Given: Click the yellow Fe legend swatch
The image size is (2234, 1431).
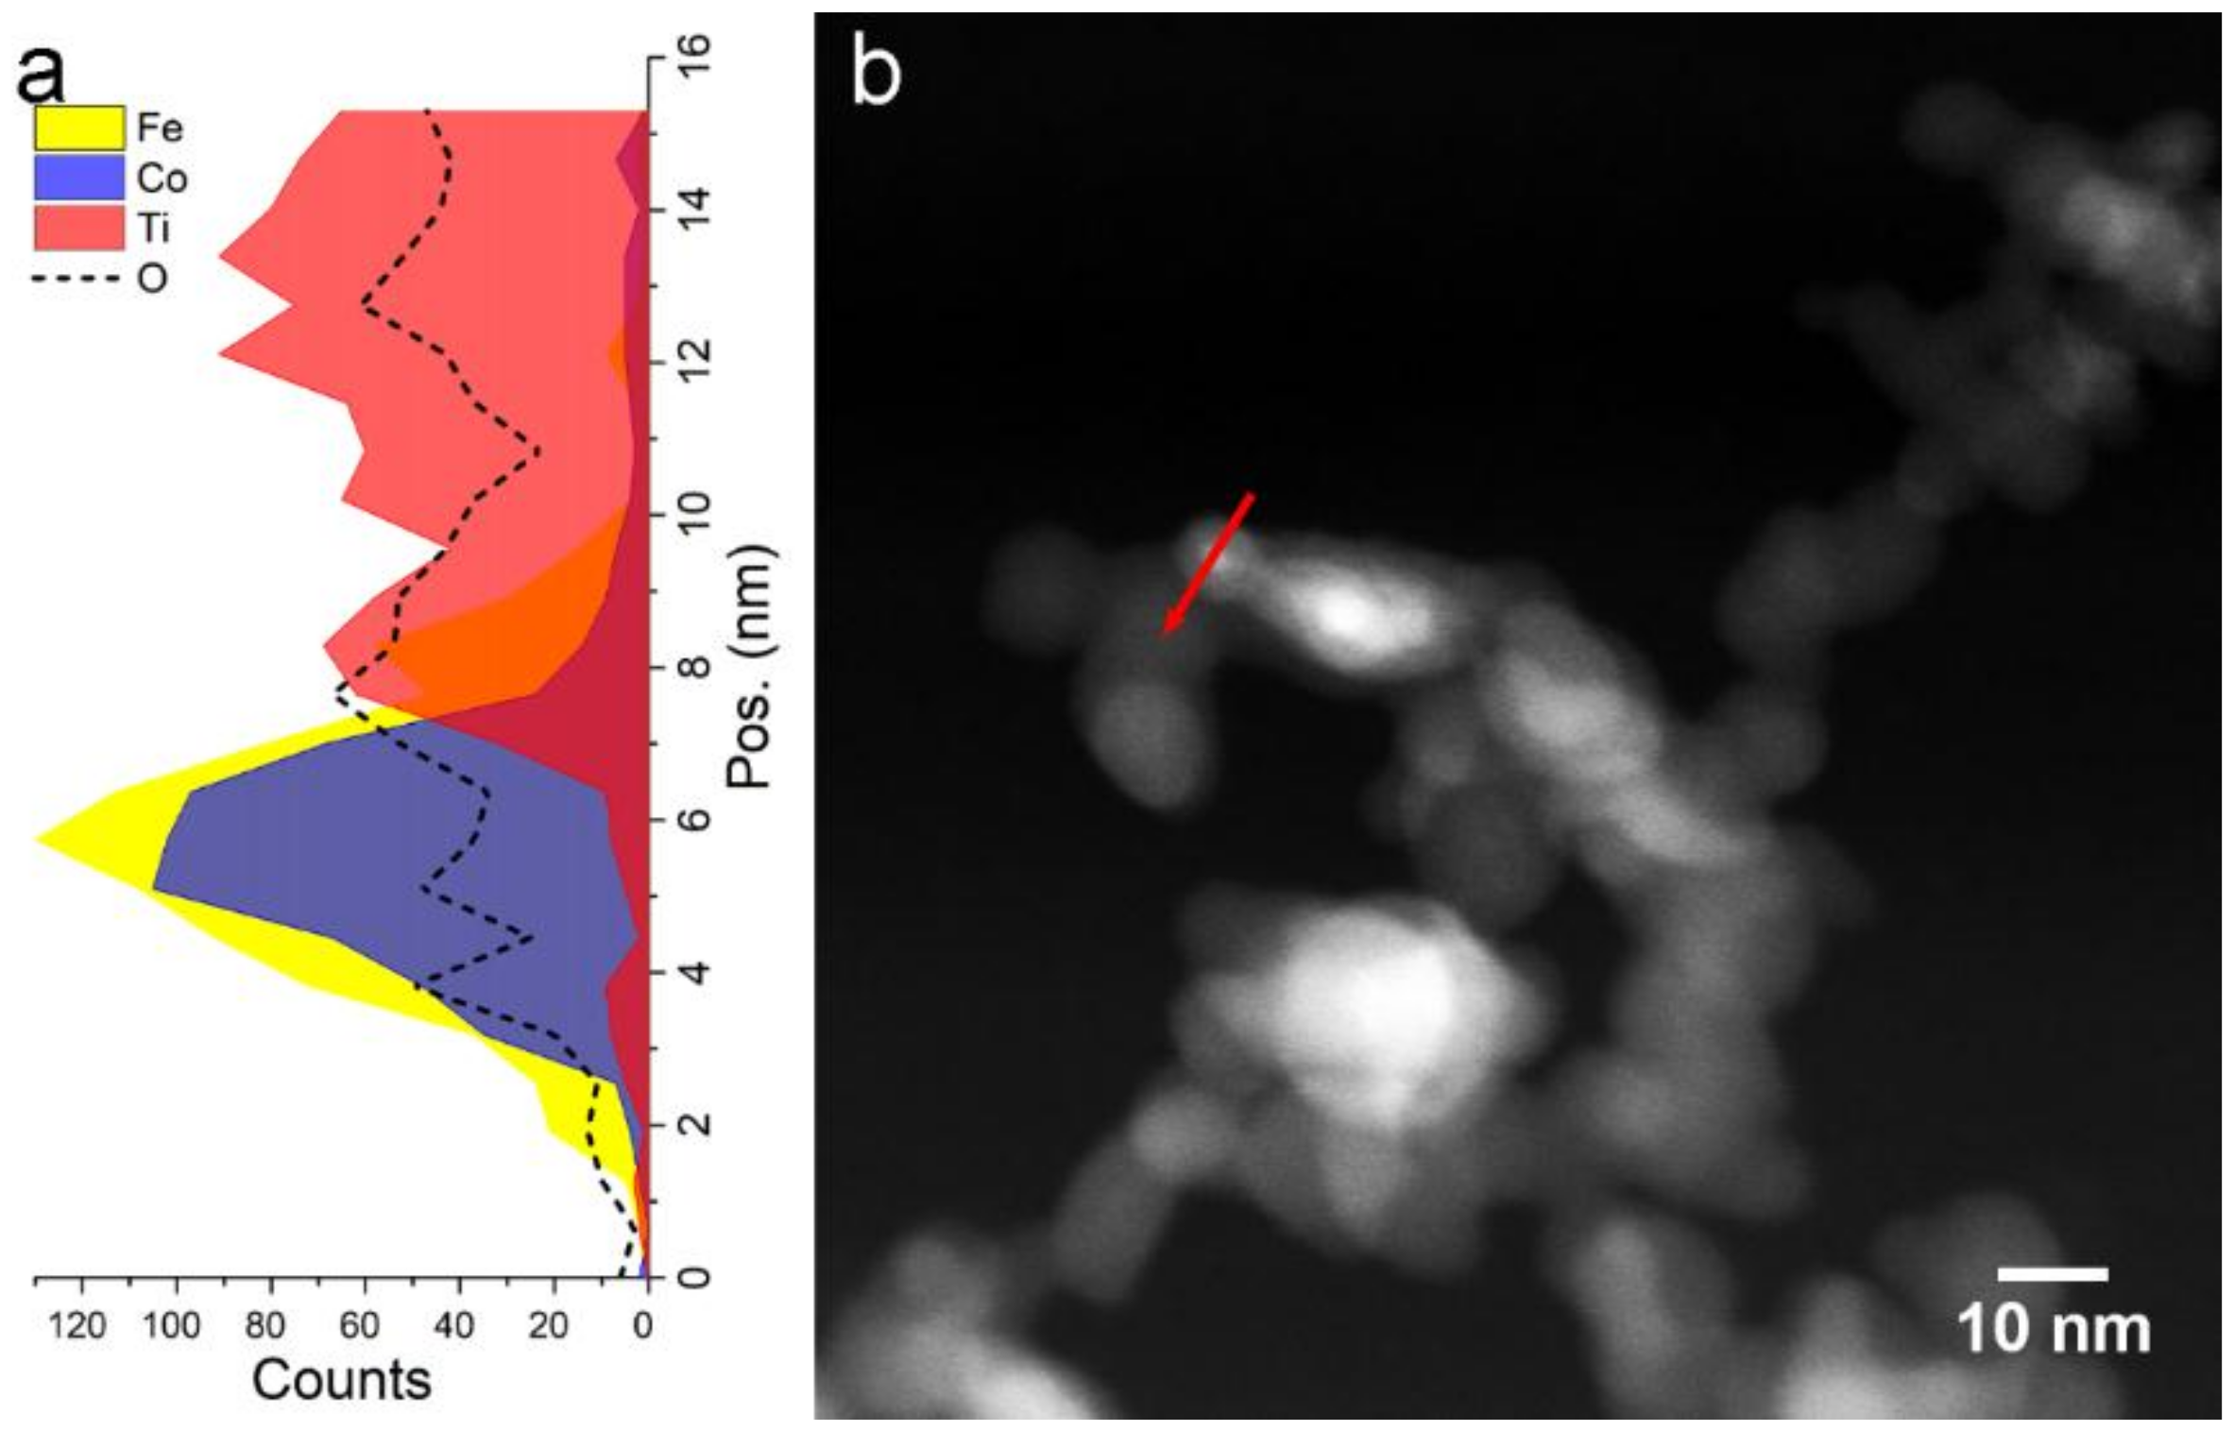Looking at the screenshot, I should click(x=79, y=128).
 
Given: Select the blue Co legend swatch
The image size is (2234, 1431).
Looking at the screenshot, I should click(x=79, y=179).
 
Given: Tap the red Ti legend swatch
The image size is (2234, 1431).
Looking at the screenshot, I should click(x=79, y=229).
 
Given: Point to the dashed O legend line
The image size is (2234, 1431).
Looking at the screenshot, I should click(x=75, y=279).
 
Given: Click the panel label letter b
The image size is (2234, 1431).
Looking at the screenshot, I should click(x=876, y=74).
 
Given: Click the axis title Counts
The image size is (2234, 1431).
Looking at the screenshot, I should click(x=341, y=1380).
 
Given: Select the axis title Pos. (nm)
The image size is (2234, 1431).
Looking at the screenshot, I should click(x=749, y=667).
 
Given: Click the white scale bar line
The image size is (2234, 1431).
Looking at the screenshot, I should click(x=2052, y=1275).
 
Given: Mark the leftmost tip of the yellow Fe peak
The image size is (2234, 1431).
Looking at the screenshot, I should click(x=38, y=838).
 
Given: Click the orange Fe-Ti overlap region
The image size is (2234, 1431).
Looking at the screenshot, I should click(x=501, y=642).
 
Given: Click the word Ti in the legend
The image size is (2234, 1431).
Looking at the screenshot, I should click(x=153, y=229).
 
